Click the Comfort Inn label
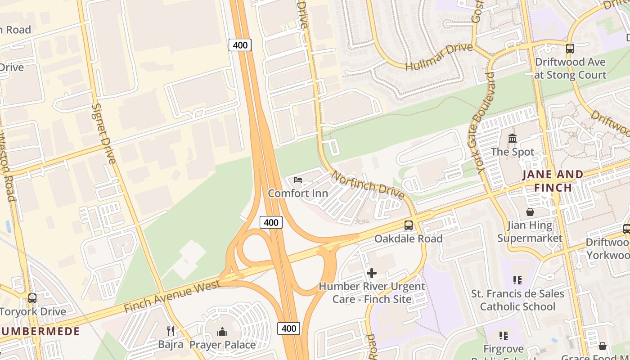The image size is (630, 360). tap(297, 193)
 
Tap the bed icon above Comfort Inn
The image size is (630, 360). tap(297, 180)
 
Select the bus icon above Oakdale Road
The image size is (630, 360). tap(408, 225)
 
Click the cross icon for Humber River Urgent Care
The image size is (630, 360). tap(372, 273)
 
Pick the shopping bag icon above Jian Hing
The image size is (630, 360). tap(530, 211)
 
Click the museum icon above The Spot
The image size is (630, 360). tap(513, 138)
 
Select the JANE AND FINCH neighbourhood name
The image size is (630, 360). tap(553, 180)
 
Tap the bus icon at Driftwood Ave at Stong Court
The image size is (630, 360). tap(570, 48)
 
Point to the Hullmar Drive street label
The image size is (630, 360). tap(439, 57)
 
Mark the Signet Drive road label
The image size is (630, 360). tap(103, 133)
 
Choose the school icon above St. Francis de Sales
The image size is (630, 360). tap(517, 280)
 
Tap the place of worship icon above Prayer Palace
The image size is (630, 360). tap(222, 332)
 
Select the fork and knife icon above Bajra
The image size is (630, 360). tap(170, 331)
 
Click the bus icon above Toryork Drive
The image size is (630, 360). tap(32, 298)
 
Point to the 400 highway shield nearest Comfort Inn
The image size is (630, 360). tap(271, 222)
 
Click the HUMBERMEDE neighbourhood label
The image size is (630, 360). tap(40, 332)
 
